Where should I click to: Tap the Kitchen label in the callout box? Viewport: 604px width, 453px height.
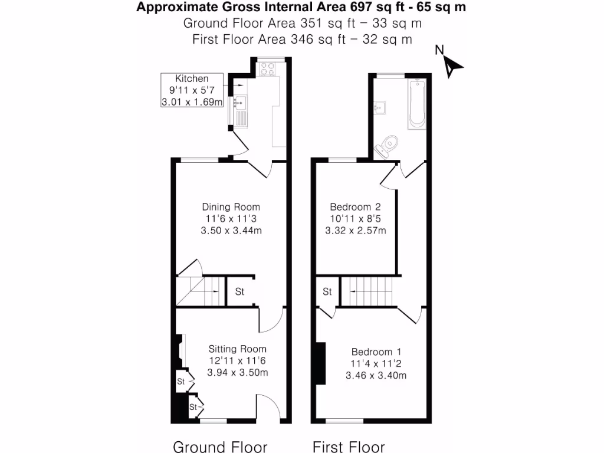(192, 78)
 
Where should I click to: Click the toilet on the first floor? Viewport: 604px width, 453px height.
(388, 145)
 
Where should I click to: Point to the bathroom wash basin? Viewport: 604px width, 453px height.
(381, 107)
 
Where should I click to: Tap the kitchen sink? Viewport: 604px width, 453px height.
(240, 104)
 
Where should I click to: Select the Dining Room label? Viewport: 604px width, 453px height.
(231, 207)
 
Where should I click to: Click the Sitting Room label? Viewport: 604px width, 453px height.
(237, 349)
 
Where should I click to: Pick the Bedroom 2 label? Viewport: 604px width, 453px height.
(355, 207)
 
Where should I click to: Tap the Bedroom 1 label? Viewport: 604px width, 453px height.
(376, 352)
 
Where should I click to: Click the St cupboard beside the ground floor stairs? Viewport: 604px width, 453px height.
(240, 292)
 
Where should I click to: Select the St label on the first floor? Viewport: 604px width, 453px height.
(327, 292)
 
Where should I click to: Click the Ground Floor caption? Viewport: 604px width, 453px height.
(220, 447)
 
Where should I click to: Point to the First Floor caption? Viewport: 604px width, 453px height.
(349, 447)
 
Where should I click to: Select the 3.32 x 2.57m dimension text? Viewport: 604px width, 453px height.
(355, 231)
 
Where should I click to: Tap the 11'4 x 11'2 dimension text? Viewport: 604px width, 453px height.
(376, 363)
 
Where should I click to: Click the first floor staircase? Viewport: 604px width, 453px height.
(367, 291)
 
